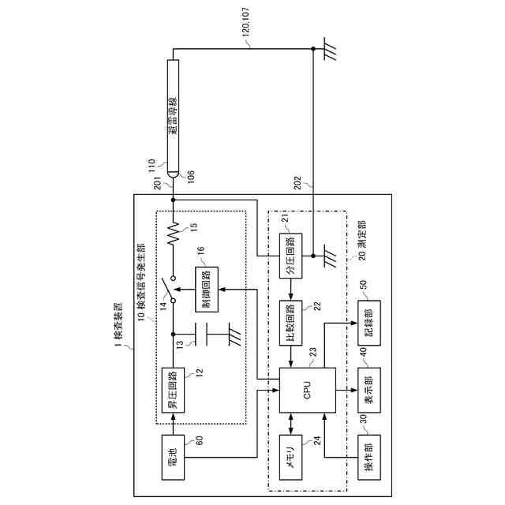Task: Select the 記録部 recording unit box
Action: [x=370, y=324]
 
